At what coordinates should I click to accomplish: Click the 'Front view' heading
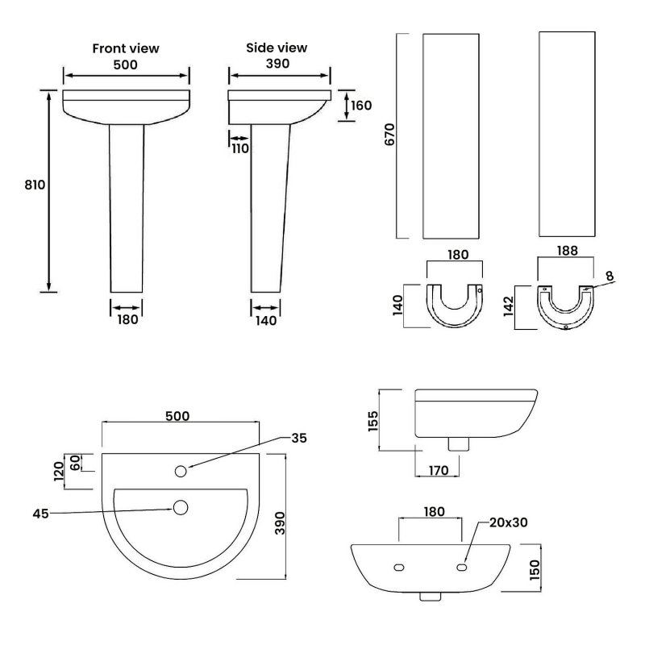126,48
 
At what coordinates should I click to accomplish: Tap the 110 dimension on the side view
240,148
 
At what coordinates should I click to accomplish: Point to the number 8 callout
610,276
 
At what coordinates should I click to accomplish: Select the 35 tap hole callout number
298,438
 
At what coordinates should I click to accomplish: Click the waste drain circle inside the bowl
181,507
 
